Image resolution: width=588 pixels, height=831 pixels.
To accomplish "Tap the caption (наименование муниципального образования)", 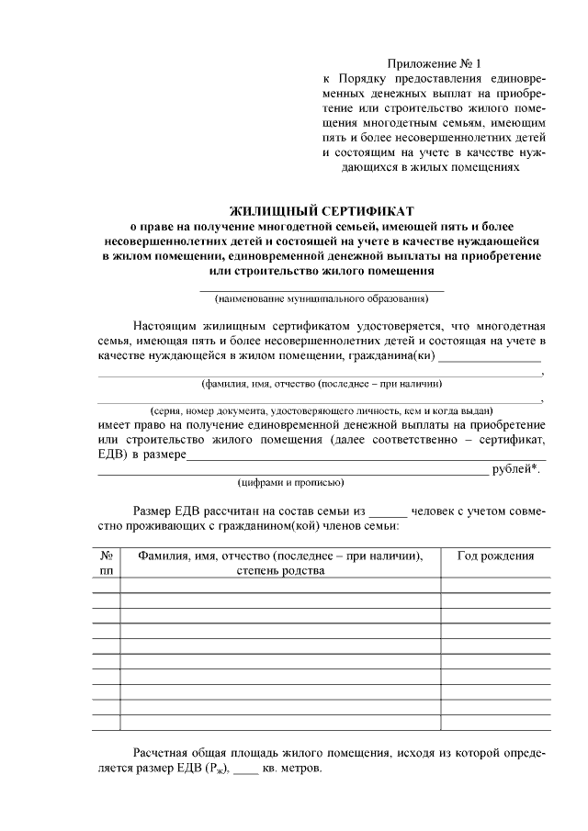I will click(x=322, y=298).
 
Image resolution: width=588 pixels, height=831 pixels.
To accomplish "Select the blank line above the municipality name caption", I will click(x=322, y=290).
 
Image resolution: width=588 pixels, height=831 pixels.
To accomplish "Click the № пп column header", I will click(x=106, y=563).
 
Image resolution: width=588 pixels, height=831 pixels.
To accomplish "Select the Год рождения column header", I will click(x=496, y=556).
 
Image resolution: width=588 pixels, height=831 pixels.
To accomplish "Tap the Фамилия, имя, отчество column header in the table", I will click(x=280, y=563).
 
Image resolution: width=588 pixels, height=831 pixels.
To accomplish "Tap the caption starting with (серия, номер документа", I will click(x=322, y=410).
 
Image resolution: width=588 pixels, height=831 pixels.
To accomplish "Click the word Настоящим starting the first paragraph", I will click(x=166, y=325).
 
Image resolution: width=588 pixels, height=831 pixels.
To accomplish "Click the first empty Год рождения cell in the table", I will click(x=496, y=585).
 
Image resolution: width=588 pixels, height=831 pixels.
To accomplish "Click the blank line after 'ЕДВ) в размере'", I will click(x=366, y=457).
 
